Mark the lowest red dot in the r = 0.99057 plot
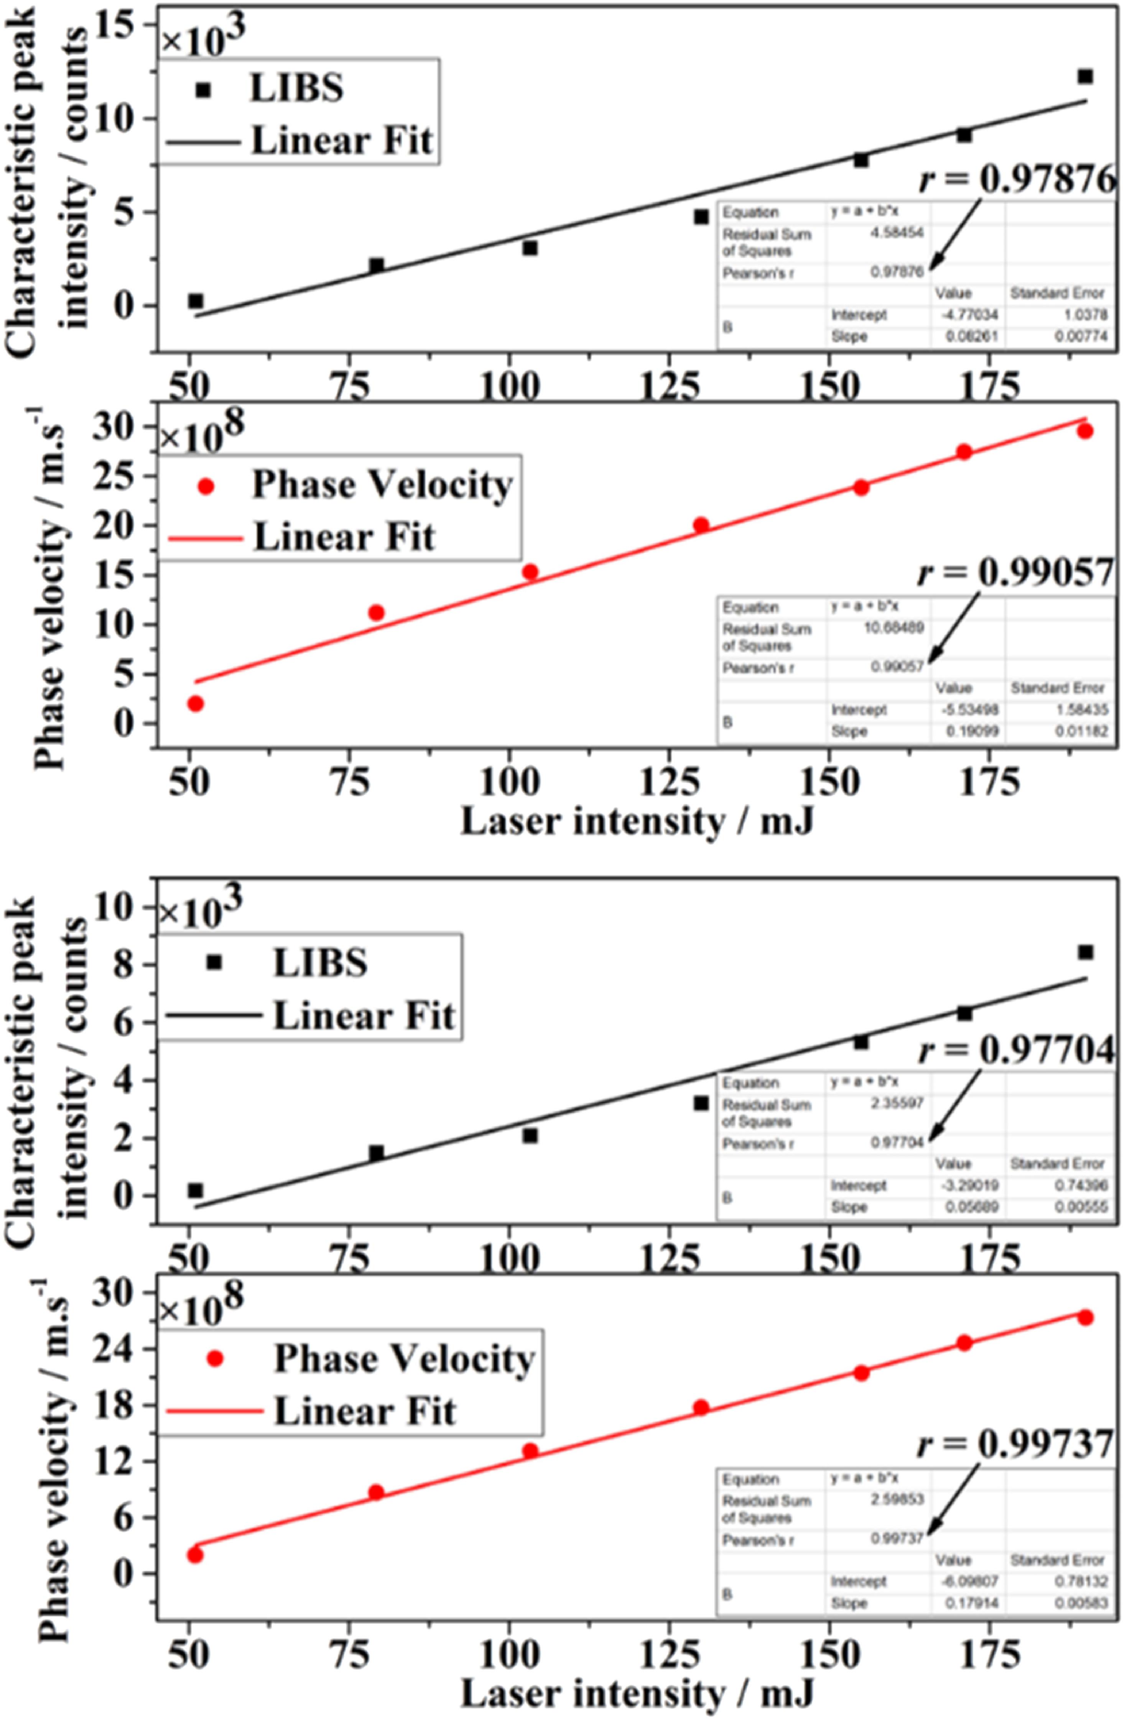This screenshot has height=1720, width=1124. (x=195, y=703)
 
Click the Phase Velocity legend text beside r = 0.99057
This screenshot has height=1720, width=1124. (x=382, y=485)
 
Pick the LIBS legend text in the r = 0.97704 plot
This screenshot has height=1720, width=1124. (x=320, y=963)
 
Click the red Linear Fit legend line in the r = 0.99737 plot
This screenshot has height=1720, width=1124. (x=214, y=1411)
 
